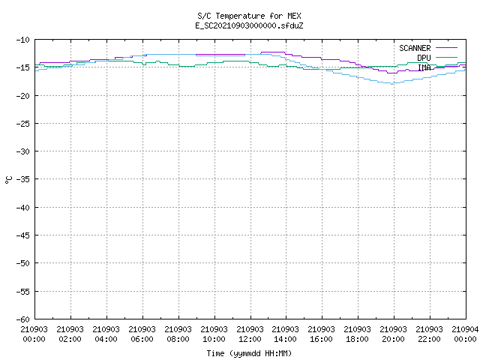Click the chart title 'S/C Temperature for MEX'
click(x=249, y=16)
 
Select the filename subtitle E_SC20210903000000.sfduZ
click(x=249, y=25)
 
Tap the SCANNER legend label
click(x=415, y=48)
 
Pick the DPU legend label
click(x=424, y=58)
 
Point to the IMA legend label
click(x=424, y=67)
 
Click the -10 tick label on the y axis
click(x=23, y=40)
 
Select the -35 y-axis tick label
click(x=23, y=179)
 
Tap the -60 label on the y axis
click(x=23, y=319)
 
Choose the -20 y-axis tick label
click(x=23, y=96)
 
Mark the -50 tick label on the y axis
click(x=23, y=263)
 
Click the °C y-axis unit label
click(x=8, y=180)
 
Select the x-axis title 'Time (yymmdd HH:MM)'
click(x=249, y=353)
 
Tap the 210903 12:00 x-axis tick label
click(x=250, y=334)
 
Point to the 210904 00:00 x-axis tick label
click(x=465, y=334)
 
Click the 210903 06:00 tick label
click(x=142, y=334)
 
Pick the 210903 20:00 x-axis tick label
click(x=393, y=334)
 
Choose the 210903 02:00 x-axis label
click(x=70, y=334)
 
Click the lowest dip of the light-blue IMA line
click(x=392, y=84)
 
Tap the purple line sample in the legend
click(x=446, y=48)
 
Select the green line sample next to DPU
click(x=446, y=57)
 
